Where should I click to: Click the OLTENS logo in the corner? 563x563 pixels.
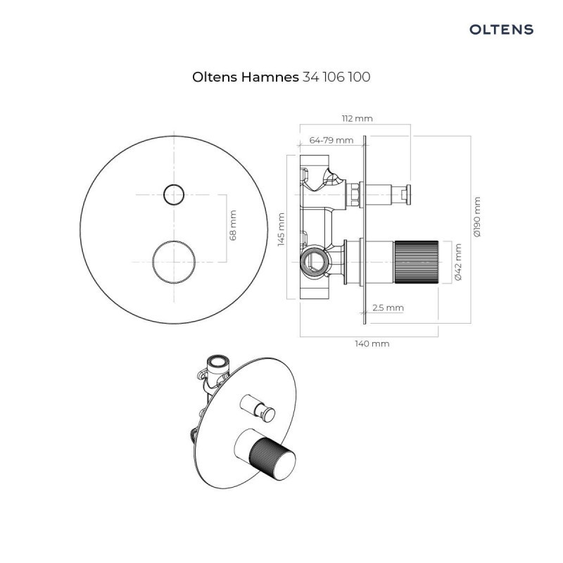[501, 30]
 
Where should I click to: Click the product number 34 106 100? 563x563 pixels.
[336, 77]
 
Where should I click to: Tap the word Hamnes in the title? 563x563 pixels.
[270, 77]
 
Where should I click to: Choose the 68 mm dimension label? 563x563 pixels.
[234, 225]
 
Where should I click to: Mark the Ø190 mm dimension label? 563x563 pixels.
[478, 217]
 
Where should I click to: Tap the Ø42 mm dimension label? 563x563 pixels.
[458, 262]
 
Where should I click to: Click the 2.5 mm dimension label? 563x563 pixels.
[388, 308]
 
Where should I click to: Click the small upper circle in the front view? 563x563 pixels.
[172, 193]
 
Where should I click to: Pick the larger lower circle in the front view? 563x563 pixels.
[173, 260]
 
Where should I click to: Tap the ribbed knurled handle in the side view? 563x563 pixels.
[416, 261]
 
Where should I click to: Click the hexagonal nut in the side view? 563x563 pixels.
[355, 193]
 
